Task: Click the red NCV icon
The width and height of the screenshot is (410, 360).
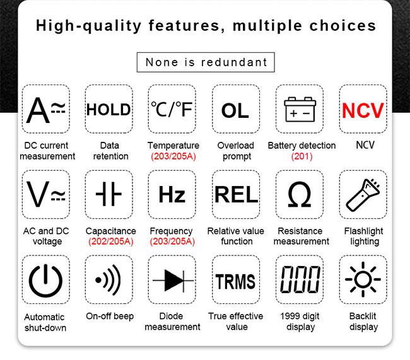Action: [363, 110]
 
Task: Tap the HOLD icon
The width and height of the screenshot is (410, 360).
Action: [108, 109]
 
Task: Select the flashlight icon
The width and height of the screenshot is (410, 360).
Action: [363, 195]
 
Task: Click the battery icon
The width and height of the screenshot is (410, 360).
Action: [300, 109]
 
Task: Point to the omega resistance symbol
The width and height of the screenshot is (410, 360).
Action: [300, 194]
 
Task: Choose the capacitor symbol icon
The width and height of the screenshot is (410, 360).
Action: [108, 194]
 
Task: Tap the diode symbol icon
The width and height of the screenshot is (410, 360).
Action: [173, 281]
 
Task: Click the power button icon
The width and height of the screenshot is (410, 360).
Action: [45, 281]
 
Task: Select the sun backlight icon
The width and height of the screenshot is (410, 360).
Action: [363, 279]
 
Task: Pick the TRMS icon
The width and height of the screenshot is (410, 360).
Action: [235, 281]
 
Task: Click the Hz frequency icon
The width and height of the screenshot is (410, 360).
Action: [172, 195]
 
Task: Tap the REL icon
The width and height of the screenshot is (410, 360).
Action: [236, 195]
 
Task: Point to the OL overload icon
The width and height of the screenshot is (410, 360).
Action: [235, 110]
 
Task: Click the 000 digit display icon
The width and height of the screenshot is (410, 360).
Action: [300, 279]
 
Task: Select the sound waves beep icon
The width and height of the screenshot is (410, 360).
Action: [108, 280]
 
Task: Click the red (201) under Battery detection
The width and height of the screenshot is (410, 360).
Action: [302, 156]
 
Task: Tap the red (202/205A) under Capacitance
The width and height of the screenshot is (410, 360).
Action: [111, 241]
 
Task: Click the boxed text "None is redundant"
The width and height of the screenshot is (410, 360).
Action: [206, 62]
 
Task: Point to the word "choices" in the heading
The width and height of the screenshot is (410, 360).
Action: [343, 26]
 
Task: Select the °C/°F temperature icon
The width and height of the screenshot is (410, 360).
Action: [172, 109]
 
